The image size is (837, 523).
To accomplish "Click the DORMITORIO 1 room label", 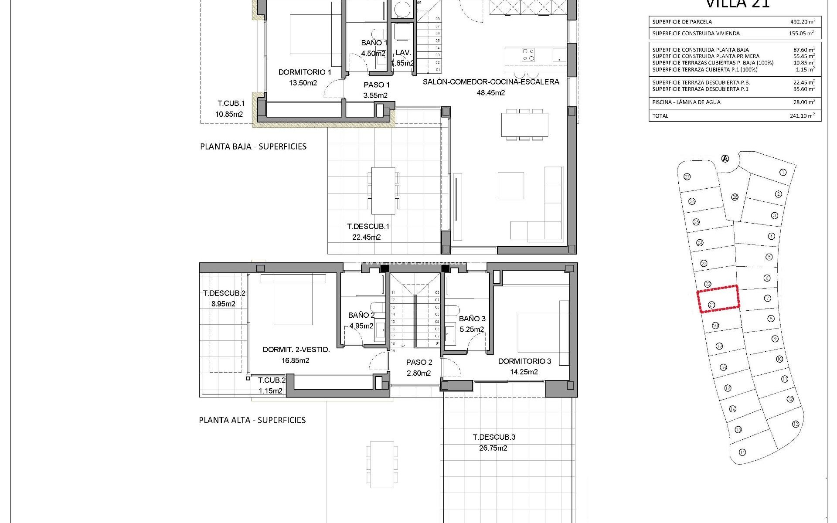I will (305, 72).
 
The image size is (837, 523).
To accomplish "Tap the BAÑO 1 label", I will (374, 43).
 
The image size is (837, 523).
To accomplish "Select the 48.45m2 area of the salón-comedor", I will (491, 93).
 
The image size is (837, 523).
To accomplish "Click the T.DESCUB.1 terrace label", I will (368, 227).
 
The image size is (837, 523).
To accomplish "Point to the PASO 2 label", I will (419, 362).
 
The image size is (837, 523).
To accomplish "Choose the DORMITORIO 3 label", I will (524, 361).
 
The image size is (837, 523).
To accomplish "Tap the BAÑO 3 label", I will (472, 319).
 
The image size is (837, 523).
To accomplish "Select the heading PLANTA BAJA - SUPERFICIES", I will (253, 147).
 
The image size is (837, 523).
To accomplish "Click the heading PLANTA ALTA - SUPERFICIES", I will (252, 420).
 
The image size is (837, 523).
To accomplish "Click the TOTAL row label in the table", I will (660, 116).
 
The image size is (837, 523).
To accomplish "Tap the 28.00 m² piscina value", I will (802, 102).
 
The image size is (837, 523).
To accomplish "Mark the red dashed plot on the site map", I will (718, 299).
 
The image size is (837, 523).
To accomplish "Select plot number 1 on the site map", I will (783, 173).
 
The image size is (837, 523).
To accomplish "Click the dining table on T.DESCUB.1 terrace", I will (383, 190).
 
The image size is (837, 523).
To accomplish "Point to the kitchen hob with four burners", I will (528, 54).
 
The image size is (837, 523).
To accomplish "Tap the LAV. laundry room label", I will (403, 53).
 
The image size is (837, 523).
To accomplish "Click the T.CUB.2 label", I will (272, 380).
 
